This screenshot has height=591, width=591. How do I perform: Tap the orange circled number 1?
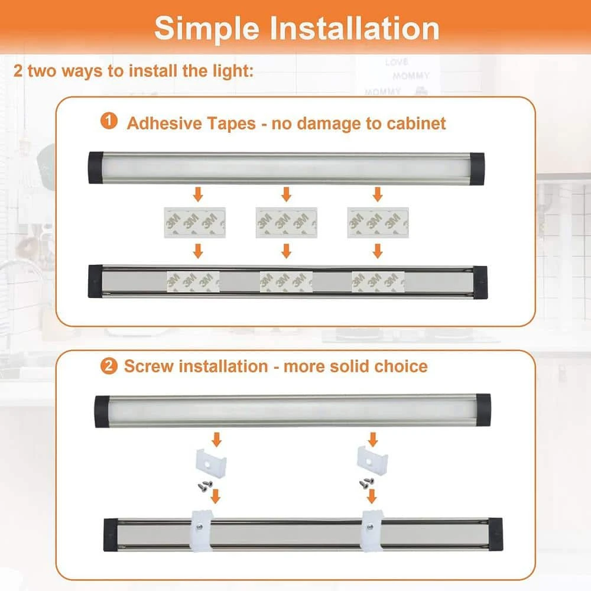109,122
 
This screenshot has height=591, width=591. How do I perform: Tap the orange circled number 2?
109,366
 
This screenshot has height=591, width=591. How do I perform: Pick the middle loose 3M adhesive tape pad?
287,222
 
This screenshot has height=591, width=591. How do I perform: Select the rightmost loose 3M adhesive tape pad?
378,222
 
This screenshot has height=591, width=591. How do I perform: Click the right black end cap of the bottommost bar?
495,535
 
